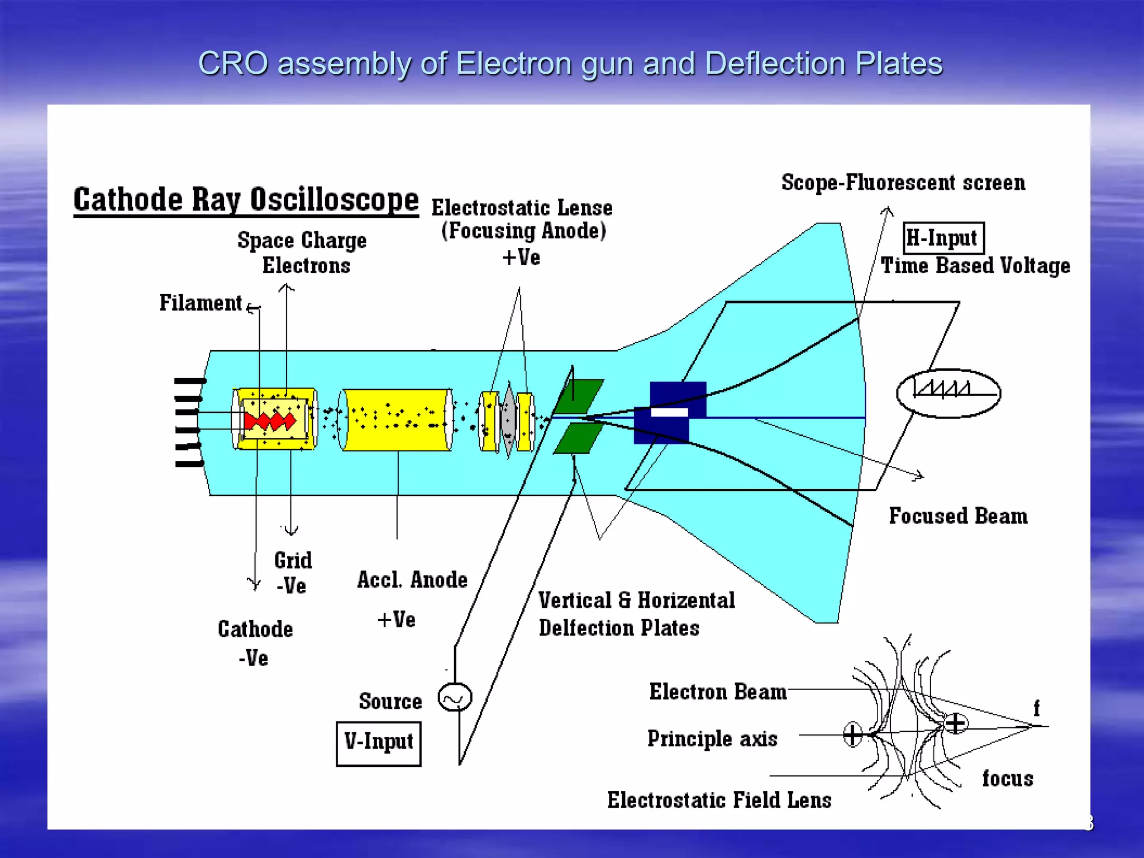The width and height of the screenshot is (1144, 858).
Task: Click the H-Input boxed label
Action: pyautogui.click(x=943, y=238)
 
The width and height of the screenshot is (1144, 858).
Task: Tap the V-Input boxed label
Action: pyautogui.click(x=378, y=743)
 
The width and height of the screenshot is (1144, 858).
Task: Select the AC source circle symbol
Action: pyautogui.click(x=455, y=697)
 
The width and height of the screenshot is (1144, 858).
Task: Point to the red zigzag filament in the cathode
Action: pyautogui.click(x=270, y=420)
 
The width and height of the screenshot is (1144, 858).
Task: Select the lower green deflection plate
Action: pyautogui.click(x=579, y=438)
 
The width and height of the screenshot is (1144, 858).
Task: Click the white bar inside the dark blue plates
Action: pyautogui.click(x=670, y=412)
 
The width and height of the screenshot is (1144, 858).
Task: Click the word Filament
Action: pyautogui.click(x=200, y=303)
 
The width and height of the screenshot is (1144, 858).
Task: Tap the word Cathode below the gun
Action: pyautogui.click(x=255, y=630)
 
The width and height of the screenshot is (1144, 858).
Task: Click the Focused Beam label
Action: pyautogui.click(x=958, y=516)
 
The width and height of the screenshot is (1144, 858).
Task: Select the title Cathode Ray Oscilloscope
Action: pyautogui.click(x=246, y=200)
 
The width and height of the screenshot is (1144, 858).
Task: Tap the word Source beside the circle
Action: pyautogui.click(x=390, y=702)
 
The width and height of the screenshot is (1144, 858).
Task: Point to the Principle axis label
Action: pyautogui.click(x=712, y=739)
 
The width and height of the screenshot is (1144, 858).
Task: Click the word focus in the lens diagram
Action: pyautogui.click(x=1007, y=779)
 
